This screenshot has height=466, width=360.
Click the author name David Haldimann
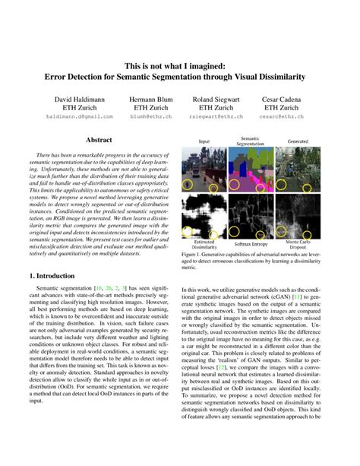pos(74,100)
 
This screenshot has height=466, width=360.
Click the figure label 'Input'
pos(204,141)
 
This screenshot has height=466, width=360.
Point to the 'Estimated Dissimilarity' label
pos(204,244)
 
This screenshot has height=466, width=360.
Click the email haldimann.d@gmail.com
pos(74,117)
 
